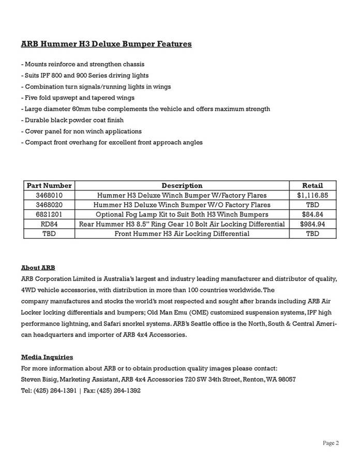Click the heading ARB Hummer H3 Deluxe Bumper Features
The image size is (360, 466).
[106, 44]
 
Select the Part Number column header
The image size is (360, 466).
[49, 185]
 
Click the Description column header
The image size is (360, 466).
[182, 185]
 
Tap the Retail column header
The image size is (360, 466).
[312, 185]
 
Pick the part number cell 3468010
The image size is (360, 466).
[49, 195]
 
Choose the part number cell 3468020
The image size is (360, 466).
[49, 205]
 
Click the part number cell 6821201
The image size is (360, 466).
[49, 214]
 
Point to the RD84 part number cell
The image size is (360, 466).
[49, 224]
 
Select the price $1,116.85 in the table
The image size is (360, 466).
[312, 195]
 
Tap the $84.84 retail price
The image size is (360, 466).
[312, 214]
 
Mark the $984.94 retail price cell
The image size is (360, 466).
[312, 224]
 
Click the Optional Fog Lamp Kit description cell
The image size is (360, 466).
[182, 214]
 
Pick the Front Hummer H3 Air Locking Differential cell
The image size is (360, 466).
[182, 234]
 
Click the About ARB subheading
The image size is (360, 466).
[38, 268]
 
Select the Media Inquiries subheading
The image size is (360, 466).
[47, 357]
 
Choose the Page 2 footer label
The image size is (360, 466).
[331, 443]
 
